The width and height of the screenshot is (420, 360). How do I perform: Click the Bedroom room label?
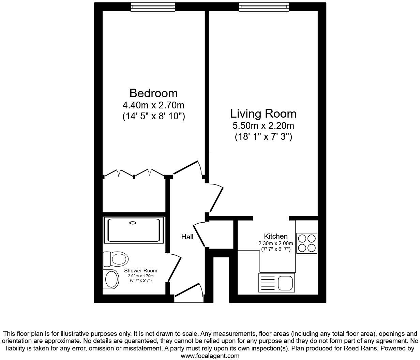pos(153,93)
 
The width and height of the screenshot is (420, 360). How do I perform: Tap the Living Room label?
pos(263,114)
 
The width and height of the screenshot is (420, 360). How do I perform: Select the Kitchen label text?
pos(275,236)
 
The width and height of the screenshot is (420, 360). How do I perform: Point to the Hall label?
pos(187,237)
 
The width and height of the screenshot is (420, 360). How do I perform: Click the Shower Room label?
pos(140,271)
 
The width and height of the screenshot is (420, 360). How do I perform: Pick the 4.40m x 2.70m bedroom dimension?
pos(153,105)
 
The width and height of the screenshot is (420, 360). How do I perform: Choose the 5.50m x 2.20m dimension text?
pos(263,126)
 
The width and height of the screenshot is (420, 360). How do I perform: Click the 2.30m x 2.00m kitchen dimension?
pos(275,243)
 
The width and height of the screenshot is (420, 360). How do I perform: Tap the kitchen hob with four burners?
pos(307,243)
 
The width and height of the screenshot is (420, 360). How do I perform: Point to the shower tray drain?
pos(132,223)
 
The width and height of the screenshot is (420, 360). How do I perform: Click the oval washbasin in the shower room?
pos(111,279)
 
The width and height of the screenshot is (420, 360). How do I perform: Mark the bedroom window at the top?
pos(153,6)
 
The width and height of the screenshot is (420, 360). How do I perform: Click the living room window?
pos(264,6)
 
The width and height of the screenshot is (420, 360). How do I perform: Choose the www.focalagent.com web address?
pos(210,356)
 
